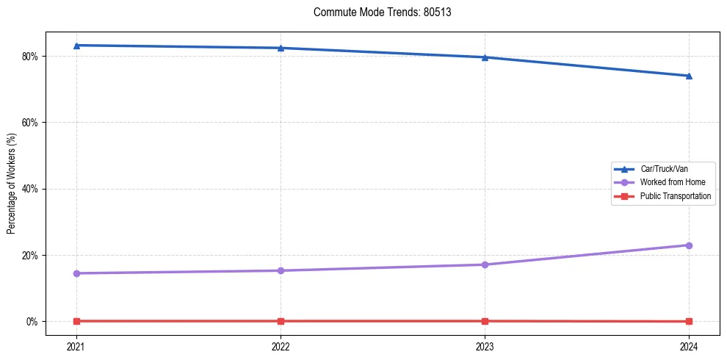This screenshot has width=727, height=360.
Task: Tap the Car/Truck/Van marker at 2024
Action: tap(689, 76)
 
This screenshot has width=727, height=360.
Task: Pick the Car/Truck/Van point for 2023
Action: tap(485, 57)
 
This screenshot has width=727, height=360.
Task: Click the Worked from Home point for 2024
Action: tap(689, 245)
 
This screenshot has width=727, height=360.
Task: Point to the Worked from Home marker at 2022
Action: tap(281, 270)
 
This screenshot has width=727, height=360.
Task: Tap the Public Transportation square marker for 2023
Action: tap(485, 321)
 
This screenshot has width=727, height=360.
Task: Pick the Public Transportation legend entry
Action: tap(675, 196)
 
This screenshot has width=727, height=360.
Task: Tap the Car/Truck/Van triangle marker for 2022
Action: tap(281, 48)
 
